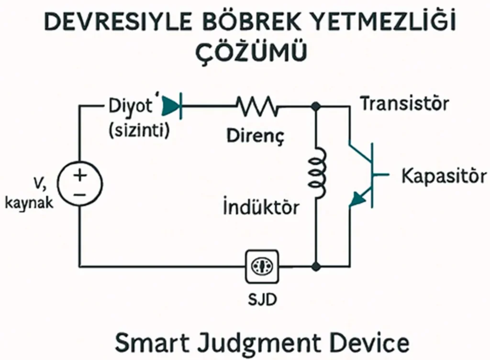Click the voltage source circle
[80, 184]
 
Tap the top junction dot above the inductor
[315, 106]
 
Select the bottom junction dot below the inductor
[315, 265]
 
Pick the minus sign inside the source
[80, 194]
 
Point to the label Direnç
[256, 137]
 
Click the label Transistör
[404, 103]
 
